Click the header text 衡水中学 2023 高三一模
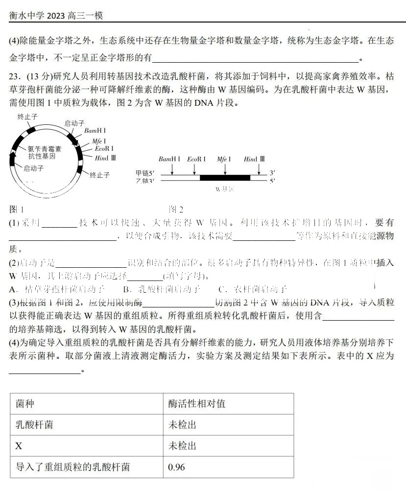point(56,16)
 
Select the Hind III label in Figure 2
point(254,159)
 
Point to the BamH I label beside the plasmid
point(95,131)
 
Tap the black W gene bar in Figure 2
point(225,177)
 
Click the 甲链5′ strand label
point(145,173)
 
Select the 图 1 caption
point(17,210)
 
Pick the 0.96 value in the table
point(176,467)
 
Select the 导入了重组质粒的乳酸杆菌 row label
point(72,467)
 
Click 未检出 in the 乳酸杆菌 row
point(182,425)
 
